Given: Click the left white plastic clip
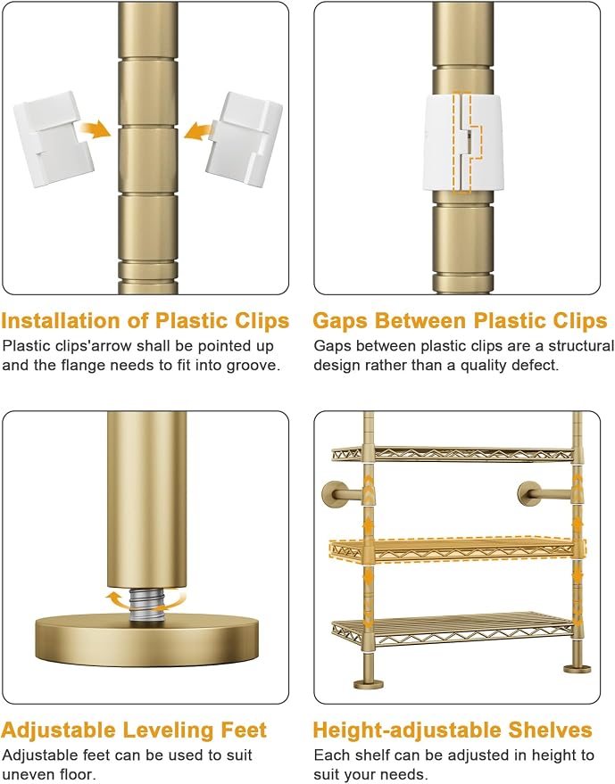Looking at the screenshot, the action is click(x=53, y=139).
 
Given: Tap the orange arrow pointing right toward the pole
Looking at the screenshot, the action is click(x=95, y=129).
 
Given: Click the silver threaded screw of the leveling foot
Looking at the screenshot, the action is click(x=145, y=605).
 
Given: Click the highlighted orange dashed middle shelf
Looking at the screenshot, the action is click(x=456, y=549).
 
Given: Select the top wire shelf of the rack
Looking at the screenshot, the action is click(x=453, y=453).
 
